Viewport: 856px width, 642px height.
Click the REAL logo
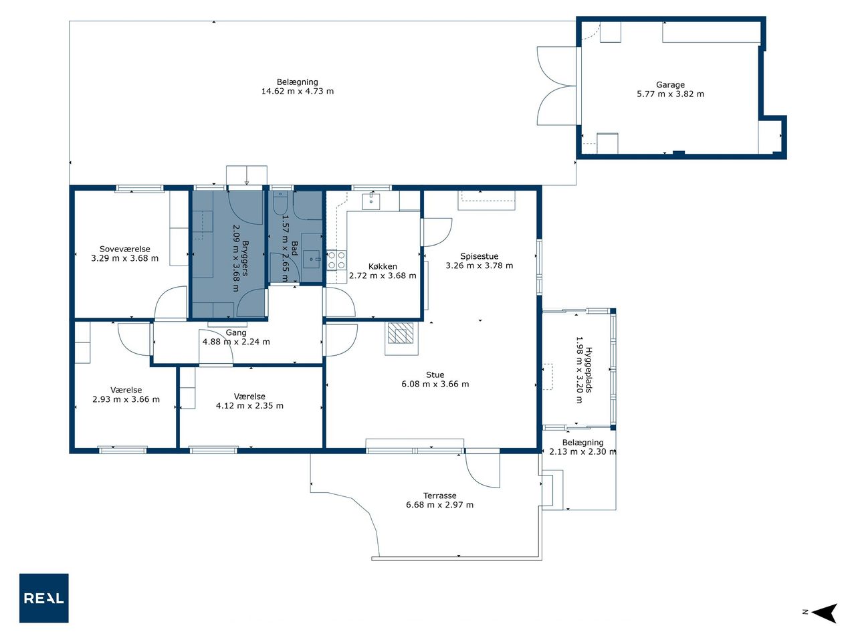43,598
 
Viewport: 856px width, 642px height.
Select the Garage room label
670,84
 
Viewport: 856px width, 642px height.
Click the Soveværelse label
125,249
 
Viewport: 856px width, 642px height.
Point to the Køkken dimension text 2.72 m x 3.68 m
383,276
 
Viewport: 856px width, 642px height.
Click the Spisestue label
479,257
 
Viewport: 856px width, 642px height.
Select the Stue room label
435,374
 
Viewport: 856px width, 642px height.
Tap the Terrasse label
440,496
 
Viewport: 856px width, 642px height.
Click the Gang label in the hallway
236,332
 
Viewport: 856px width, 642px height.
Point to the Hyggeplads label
589,370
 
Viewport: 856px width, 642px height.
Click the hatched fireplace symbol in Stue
401,333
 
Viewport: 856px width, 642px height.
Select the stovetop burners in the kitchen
336,260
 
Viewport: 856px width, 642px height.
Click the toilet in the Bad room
280,202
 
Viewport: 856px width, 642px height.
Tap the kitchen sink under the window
372,201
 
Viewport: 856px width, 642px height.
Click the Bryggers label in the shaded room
245,258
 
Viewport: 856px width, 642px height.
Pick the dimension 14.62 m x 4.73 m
298,91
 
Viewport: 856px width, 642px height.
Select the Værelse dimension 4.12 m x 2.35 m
249,405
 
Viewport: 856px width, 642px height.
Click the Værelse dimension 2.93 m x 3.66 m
126,399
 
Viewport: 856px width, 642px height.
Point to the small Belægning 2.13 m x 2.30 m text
582,447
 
